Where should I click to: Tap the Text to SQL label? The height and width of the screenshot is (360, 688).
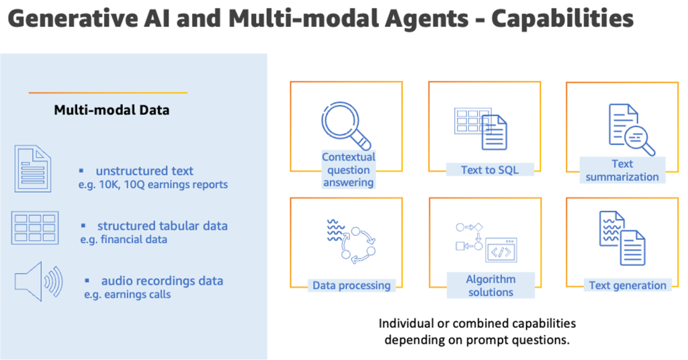point(489,170)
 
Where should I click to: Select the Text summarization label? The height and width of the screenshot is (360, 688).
point(622,171)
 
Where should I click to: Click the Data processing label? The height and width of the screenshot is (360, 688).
point(351,285)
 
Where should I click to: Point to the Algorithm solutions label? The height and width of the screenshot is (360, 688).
point(490,285)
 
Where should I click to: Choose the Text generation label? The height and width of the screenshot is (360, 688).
point(628,285)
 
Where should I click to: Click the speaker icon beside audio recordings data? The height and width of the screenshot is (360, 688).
point(38,281)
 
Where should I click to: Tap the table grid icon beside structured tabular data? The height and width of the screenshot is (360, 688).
point(34,228)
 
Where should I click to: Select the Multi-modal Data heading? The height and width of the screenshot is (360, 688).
point(112,110)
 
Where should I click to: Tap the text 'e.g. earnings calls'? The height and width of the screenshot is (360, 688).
point(127,294)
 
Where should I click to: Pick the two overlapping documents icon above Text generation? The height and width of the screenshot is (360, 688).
point(622,238)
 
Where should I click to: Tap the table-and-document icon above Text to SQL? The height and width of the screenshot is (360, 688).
point(480,128)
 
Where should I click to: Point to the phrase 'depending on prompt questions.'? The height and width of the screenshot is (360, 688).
point(477,339)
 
